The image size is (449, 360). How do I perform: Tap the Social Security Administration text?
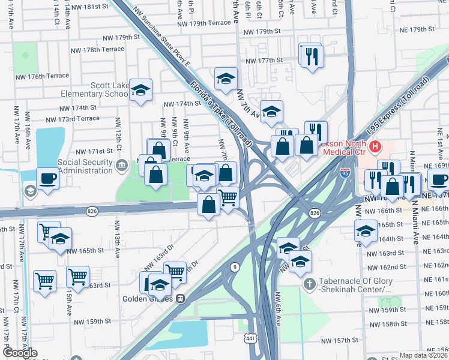pyautogui.click(x=86, y=166)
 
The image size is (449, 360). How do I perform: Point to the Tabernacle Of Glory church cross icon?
pyautogui.click(x=310, y=284)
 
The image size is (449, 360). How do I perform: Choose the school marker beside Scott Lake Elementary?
pyautogui.click(x=141, y=91)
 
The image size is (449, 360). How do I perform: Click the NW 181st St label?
pyautogui.click(x=91, y=7)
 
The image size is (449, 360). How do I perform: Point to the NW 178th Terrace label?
pyautogui.click(x=91, y=50)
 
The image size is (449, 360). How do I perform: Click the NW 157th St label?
pyautogui.click(x=339, y=341)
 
